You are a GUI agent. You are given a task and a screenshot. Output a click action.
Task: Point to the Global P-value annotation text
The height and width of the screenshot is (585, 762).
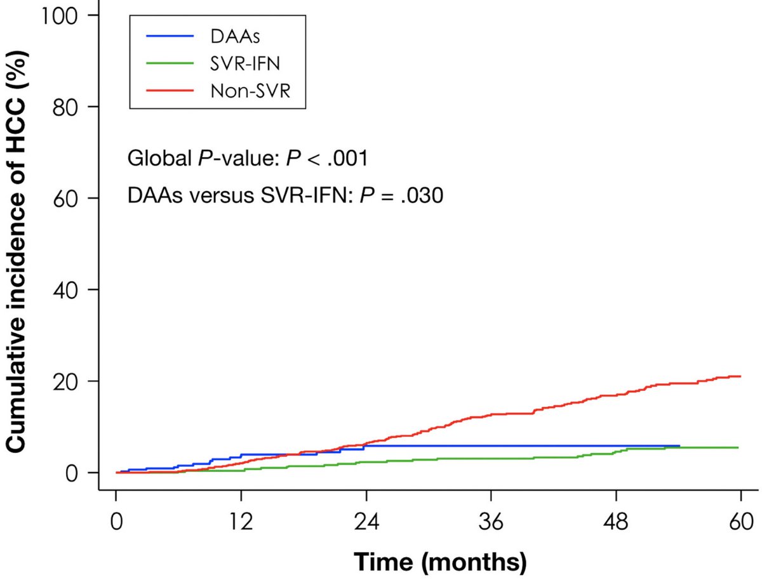tap(248, 158)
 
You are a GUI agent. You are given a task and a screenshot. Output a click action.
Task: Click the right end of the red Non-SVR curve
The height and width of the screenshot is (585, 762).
tap(740, 377)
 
